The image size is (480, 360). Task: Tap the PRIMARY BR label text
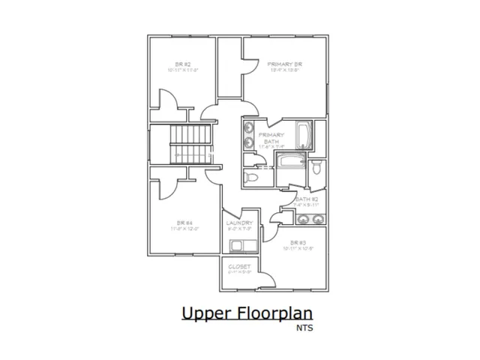click(x=285, y=65)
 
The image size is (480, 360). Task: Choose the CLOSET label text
click(x=240, y=266)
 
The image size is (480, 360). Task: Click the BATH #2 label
click(x=307, y=199)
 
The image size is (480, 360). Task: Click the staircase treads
click(x=192, y=144)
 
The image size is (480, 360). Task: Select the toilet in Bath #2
click(x=316, y=166)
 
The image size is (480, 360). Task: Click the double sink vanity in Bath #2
click(x=309, y=219)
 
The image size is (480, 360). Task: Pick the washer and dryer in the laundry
click(x=241, y=245)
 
